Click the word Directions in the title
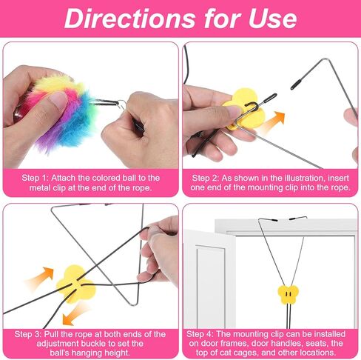click(x=130, y=18)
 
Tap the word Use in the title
click(x=272, y=18)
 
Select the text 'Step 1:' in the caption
click(x=35, y=178)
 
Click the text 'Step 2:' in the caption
click(x=206, y=178)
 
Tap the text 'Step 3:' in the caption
click(x=28, y=334)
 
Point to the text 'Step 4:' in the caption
click(x=200, y=334)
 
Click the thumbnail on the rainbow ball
click(x=58, y=100)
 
